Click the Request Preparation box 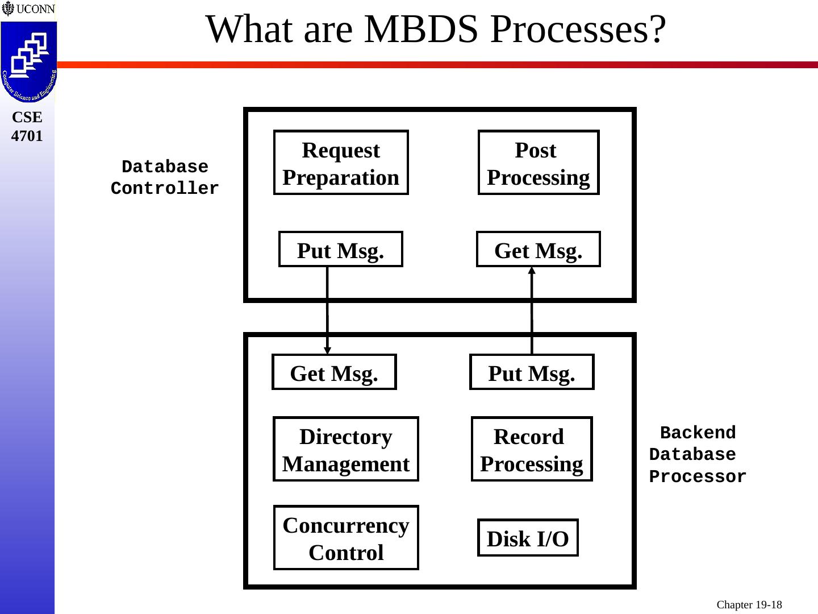341,162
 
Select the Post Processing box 539,162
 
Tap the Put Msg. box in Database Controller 341,249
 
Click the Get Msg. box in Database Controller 539,249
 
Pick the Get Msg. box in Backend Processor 334,372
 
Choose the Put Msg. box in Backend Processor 532,372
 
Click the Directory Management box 346,449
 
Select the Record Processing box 532,449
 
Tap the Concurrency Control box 346,538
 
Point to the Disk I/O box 528,538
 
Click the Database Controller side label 165,177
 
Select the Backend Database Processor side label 698,454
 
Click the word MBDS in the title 421,29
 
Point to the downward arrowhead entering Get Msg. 327,350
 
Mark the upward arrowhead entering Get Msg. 532,271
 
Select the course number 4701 27,136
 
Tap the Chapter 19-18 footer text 749,604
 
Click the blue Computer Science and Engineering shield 29,62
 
